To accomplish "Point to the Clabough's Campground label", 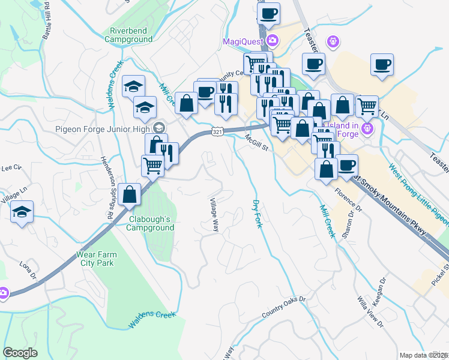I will point(151,223).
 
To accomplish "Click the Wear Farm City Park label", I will point(97,259).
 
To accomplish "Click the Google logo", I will point(20,353).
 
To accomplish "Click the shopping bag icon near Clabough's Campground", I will point(129,194).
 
